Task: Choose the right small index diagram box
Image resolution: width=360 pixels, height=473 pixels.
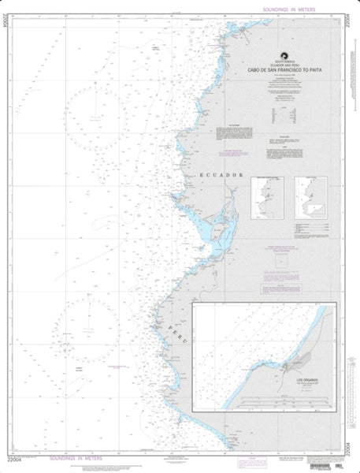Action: [x=310, y=196]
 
